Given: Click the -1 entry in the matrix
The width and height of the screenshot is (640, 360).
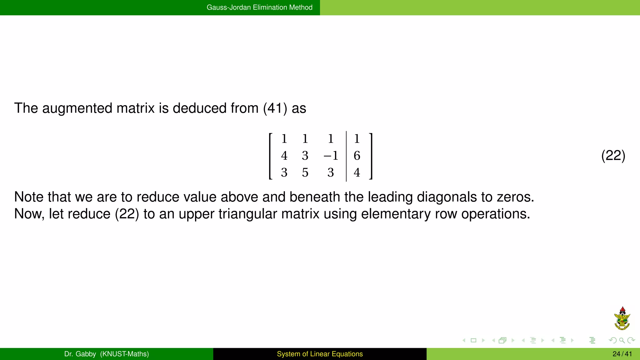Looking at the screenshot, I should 331,156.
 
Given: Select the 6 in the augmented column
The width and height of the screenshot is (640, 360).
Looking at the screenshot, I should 357,156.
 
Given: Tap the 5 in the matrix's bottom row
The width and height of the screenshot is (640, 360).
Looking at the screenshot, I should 305,172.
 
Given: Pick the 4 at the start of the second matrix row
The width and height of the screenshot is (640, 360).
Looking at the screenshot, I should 284,156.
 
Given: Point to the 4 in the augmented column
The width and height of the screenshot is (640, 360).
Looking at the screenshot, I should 357,172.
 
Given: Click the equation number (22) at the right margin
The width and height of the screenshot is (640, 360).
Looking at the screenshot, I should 613,156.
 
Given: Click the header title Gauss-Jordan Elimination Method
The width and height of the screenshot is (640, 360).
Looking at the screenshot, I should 259,7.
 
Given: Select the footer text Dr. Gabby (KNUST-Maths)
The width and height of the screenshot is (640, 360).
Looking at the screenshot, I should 107,354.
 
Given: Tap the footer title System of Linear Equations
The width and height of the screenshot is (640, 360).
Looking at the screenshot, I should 320,354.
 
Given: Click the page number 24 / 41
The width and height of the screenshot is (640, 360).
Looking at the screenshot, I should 622,354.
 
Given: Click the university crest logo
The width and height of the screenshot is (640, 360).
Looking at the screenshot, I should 622,319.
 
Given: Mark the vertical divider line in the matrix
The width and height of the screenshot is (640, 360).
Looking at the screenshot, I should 346,156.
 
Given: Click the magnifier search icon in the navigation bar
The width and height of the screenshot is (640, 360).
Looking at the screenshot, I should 622,340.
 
